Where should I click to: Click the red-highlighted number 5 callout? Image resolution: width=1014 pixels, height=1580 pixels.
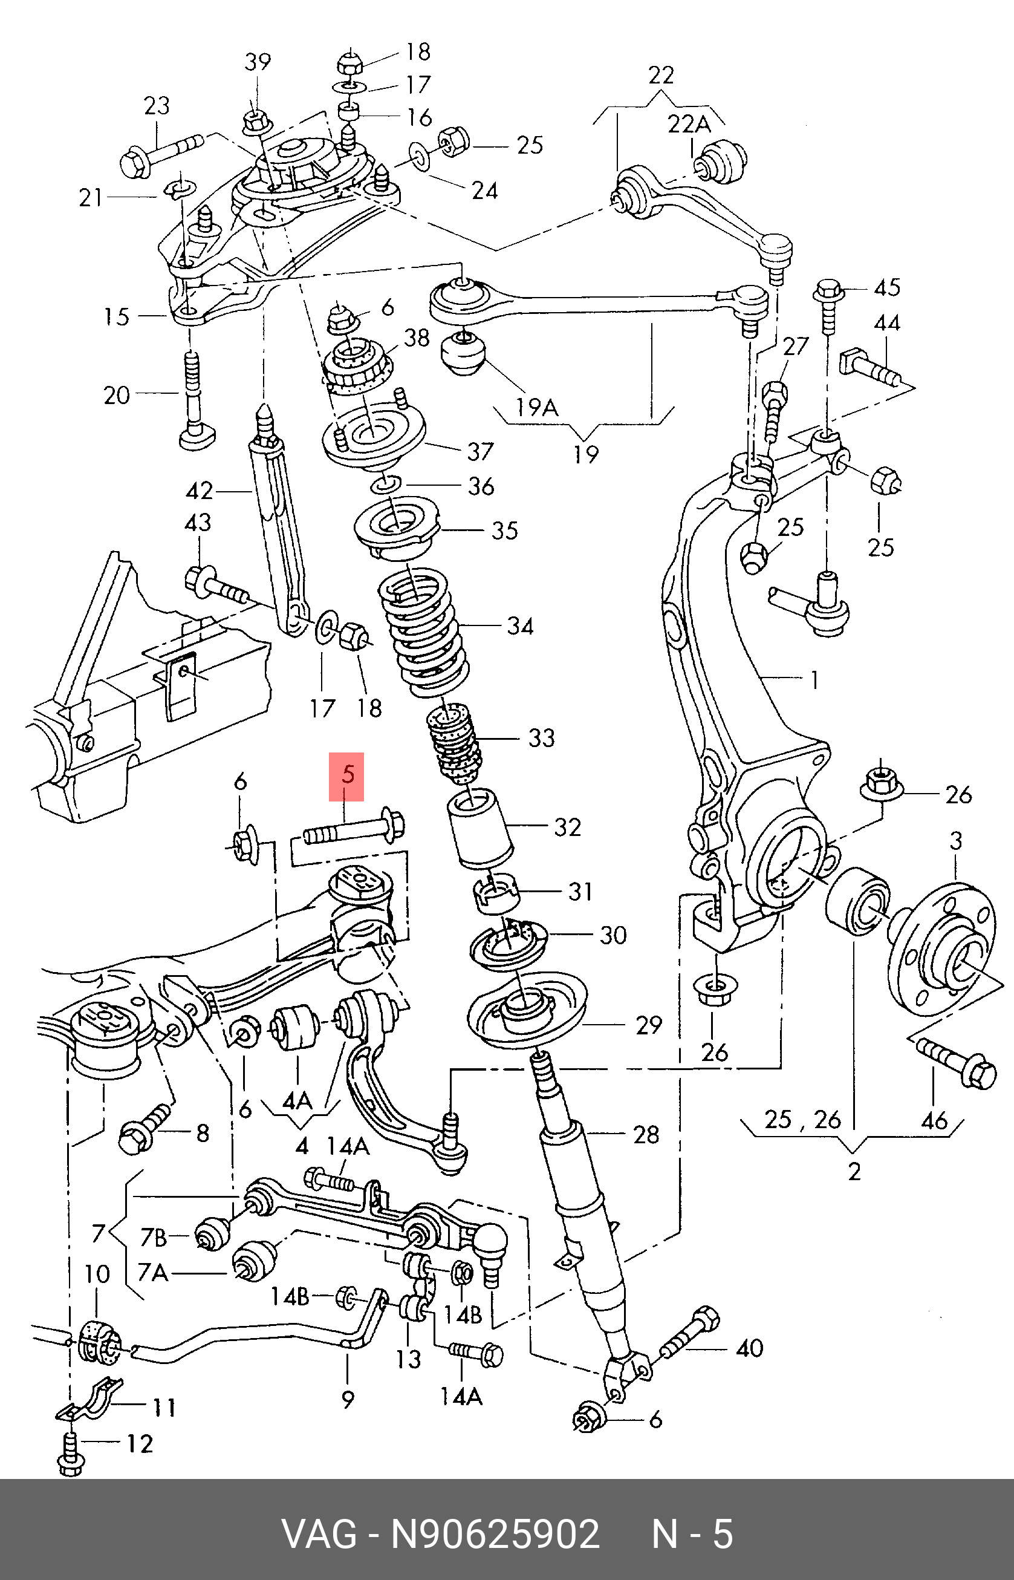347,776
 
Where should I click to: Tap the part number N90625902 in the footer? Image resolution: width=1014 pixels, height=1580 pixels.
495,1534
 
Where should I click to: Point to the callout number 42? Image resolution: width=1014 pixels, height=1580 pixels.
200,491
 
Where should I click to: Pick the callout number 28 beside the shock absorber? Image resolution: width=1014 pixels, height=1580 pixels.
646,1134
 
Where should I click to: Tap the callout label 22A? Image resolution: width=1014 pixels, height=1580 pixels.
689,124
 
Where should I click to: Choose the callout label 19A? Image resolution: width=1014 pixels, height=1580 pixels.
538,408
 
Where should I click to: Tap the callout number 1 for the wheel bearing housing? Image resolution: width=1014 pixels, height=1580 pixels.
814,679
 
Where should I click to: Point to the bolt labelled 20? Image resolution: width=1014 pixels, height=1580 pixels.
192,402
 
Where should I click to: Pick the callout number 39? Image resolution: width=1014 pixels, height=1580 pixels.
258,61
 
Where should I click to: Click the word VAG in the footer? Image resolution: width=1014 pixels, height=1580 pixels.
319,1534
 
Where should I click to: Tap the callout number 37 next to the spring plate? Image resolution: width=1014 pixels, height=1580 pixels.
480,451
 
